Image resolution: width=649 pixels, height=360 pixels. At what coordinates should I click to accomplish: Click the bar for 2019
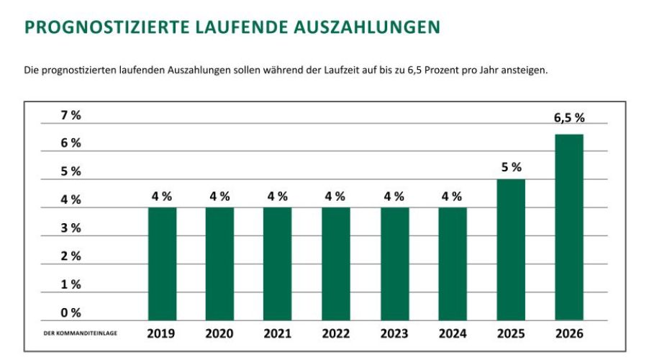pos(162,264)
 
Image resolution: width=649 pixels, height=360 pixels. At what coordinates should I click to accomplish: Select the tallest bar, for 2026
pos(569,227)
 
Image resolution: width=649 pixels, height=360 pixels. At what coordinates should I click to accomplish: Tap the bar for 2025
pos(511,249)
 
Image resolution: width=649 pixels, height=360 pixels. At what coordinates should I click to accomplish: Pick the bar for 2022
pos(335,264)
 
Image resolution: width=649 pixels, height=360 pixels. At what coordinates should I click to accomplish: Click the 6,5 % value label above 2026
pos(569,119)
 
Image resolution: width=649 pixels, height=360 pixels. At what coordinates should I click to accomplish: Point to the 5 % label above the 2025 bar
pos(511,167)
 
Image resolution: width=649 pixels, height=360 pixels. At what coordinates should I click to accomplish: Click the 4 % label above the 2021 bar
pos(278,196)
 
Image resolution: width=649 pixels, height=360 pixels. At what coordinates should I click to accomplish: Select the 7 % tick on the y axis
pos(71,115)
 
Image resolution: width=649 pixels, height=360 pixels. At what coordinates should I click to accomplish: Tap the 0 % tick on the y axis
pos(71,312)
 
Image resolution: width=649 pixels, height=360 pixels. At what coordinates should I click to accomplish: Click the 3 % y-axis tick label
pos(71,228)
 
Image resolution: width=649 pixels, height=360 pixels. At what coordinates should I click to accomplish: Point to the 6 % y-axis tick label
pos(71,143)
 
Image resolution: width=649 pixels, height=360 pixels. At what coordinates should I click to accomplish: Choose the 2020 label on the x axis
pos(219,334)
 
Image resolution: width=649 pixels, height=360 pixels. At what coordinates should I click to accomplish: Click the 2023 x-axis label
pos(394,334)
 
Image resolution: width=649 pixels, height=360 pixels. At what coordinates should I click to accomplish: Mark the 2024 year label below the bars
pos(452,334)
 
